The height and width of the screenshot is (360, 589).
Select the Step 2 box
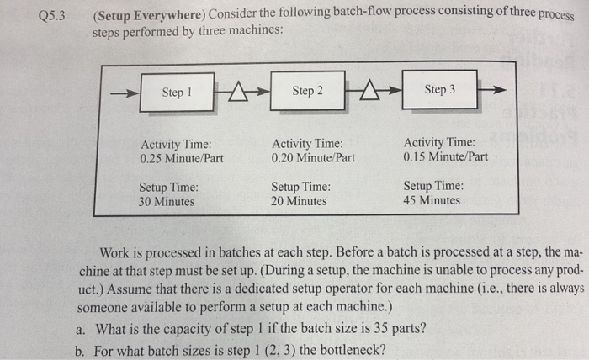point(307,91)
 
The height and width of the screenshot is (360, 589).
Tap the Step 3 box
point(439,89)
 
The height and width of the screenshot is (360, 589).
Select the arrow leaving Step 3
point(497,88)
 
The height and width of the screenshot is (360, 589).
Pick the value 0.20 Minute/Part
point(313,157)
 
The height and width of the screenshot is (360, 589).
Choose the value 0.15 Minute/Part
point(445,156)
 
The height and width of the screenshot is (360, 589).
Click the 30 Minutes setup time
point(167,202)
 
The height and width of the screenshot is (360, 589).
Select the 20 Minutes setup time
point(300,202)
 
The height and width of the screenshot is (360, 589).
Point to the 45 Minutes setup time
point(432,200)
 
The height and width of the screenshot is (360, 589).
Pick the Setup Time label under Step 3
point(432,186)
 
